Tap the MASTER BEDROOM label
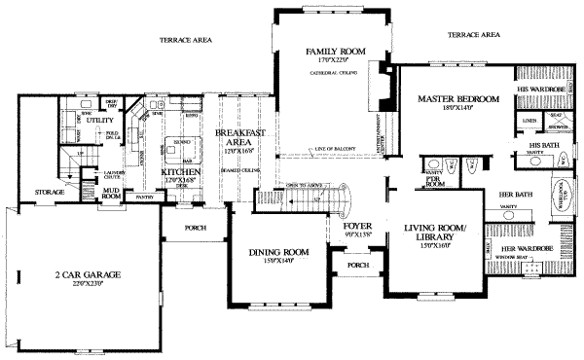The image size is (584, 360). point(458,99)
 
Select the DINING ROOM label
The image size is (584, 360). point(278,253)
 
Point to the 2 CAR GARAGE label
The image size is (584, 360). point(88,275)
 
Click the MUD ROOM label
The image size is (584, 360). point(111,193)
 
